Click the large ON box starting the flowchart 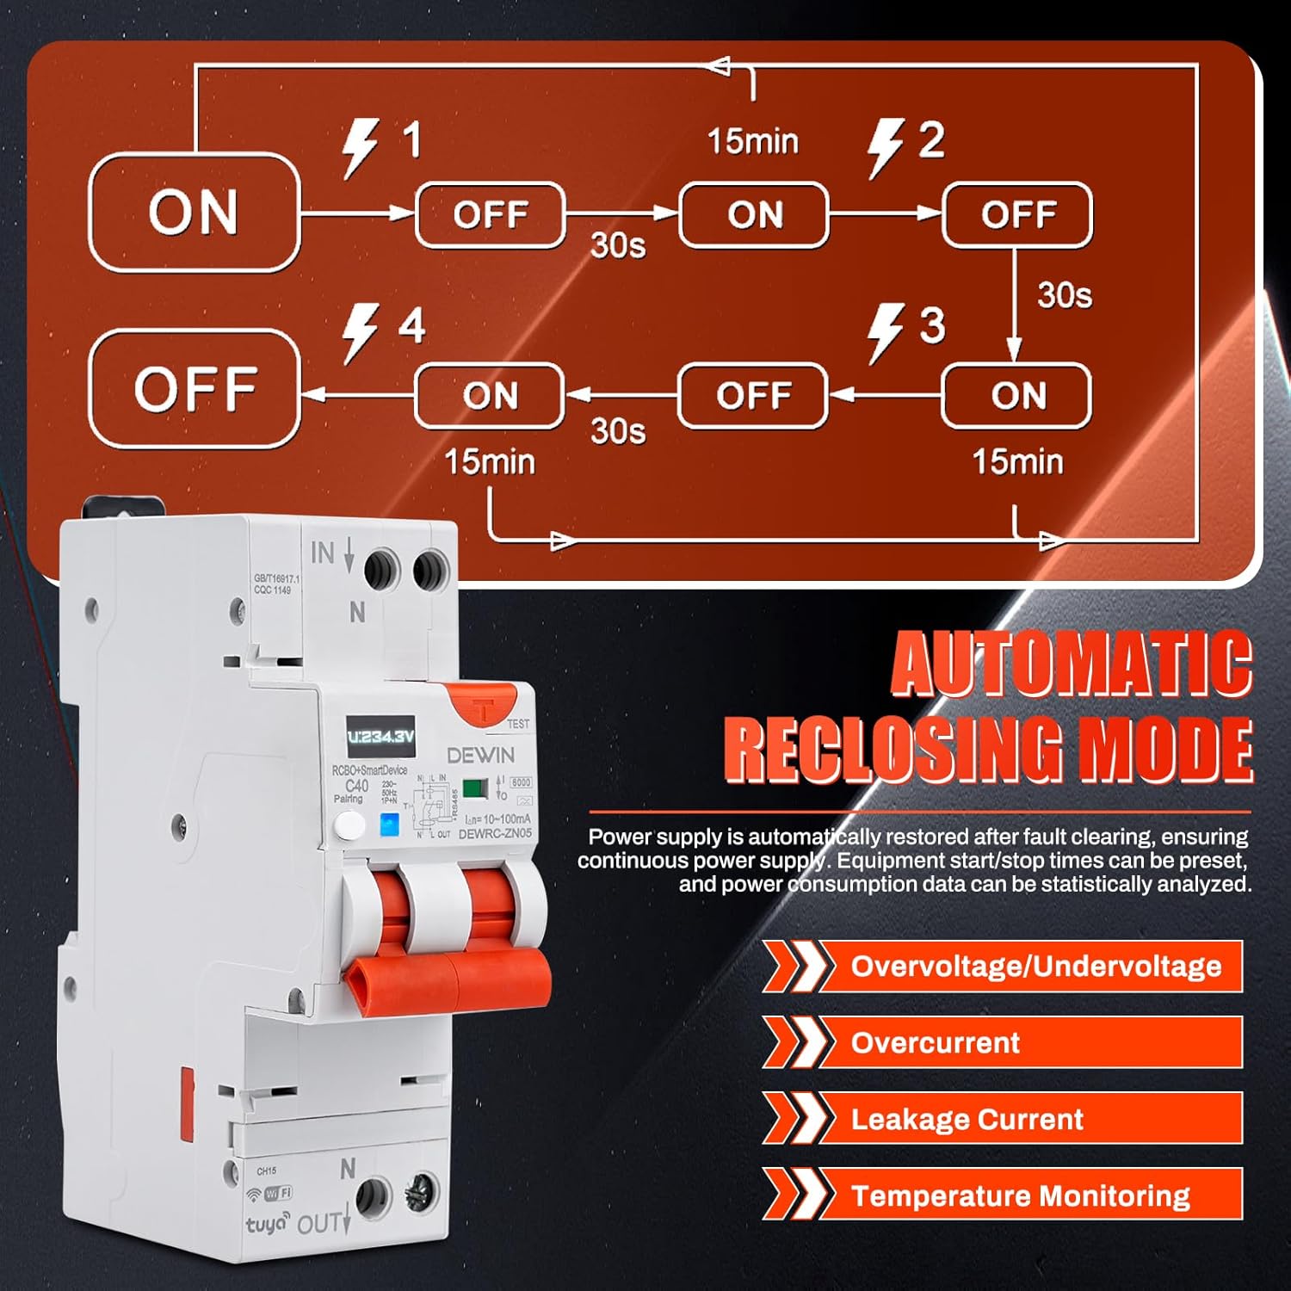coord(194,213)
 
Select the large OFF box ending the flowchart coord(194,389)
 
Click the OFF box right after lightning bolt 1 coord(490,215)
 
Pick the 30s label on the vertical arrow coord(1065,295)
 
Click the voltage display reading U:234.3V coord(380,737)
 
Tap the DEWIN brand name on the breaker coord(480,756)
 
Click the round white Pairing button coord(349,826)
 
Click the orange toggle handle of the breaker coord(448,979)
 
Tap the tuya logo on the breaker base coord(267,1223)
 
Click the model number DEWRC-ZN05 coord(495,834)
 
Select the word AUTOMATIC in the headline coord(1071,664)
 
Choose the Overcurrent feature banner coord(1003,1042)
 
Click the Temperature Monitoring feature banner coord(1003,1195)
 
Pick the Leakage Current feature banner coord(1003,1119)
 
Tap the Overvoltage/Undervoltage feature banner coord(1003,967)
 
